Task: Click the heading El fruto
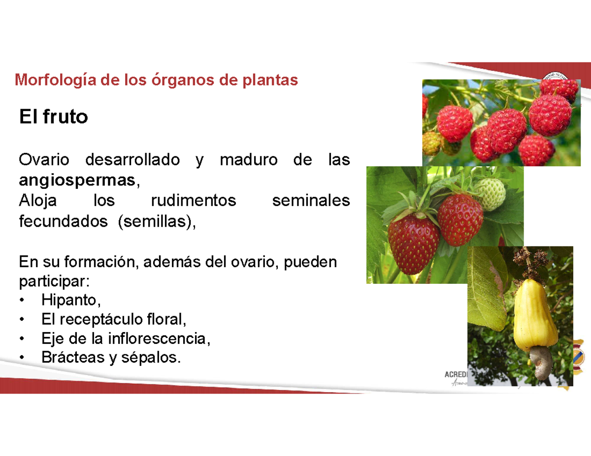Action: (53, 117)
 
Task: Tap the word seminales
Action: (311, 201)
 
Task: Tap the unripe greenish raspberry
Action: (432, 142)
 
